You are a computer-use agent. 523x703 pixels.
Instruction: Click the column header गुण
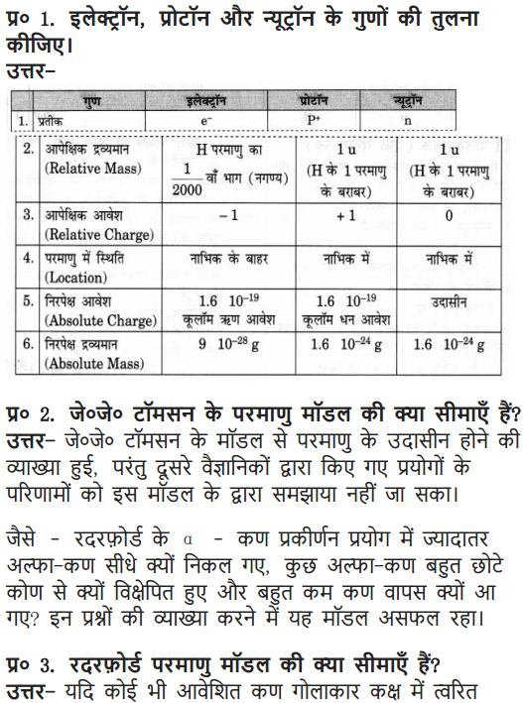pyautogui.click(x=93, y=100)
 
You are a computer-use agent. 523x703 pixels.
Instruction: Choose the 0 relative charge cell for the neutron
pyautogui.click(x=449, y=214)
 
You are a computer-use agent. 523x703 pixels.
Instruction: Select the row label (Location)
pyautogui.click(x=70, y=279)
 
